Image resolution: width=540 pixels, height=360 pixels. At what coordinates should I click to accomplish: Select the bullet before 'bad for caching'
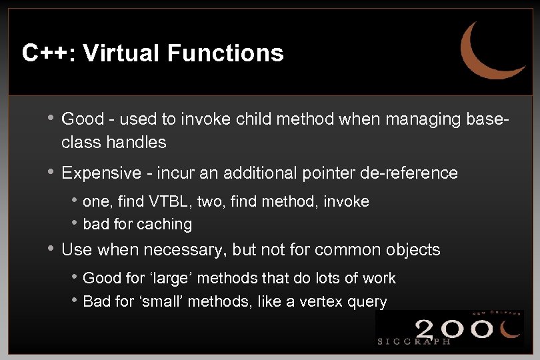[76, 224]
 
